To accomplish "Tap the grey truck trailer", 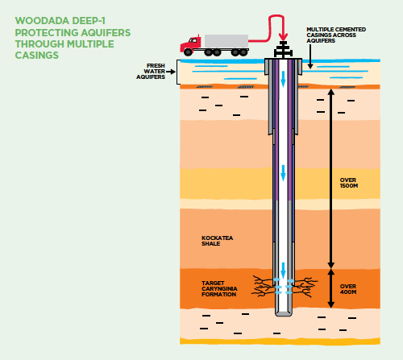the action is tap(226, 41).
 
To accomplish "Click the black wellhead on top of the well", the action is tap(283, 49).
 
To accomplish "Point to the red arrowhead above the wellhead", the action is tap(283, 37).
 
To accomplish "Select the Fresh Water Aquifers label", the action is tap(151, 72).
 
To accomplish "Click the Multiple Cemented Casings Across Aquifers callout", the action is tap(336, 35).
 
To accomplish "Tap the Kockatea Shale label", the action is tap(217, 241).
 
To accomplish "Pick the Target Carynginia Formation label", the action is tap(219, 289).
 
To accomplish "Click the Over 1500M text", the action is tap(349, 183).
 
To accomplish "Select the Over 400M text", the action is tap(348, 289).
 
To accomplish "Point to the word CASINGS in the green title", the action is tap(37, 56).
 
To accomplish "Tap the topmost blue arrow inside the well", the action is tap(283, 79).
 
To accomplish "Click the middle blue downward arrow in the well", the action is tap(283, 173).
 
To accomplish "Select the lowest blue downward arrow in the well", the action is tap(283, 271).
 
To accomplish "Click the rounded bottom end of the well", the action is tap(284, 313).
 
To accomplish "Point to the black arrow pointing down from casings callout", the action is tap(310, 56).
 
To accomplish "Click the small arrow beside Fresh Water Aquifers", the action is tap(171, 72).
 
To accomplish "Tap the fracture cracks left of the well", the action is tap(263, 286).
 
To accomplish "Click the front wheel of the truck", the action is tap(188, 52).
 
